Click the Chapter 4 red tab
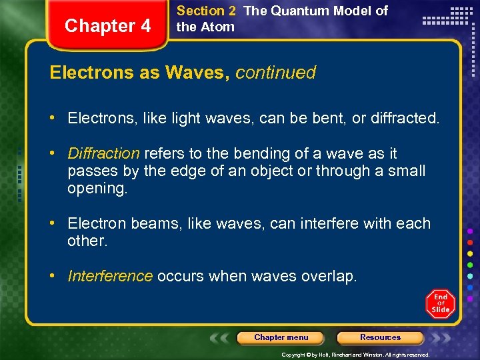[108, 26]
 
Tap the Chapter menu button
[281, 337]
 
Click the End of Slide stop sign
[441, 304]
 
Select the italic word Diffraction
[103, 153]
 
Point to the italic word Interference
[110, 276]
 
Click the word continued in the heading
[275, 73]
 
